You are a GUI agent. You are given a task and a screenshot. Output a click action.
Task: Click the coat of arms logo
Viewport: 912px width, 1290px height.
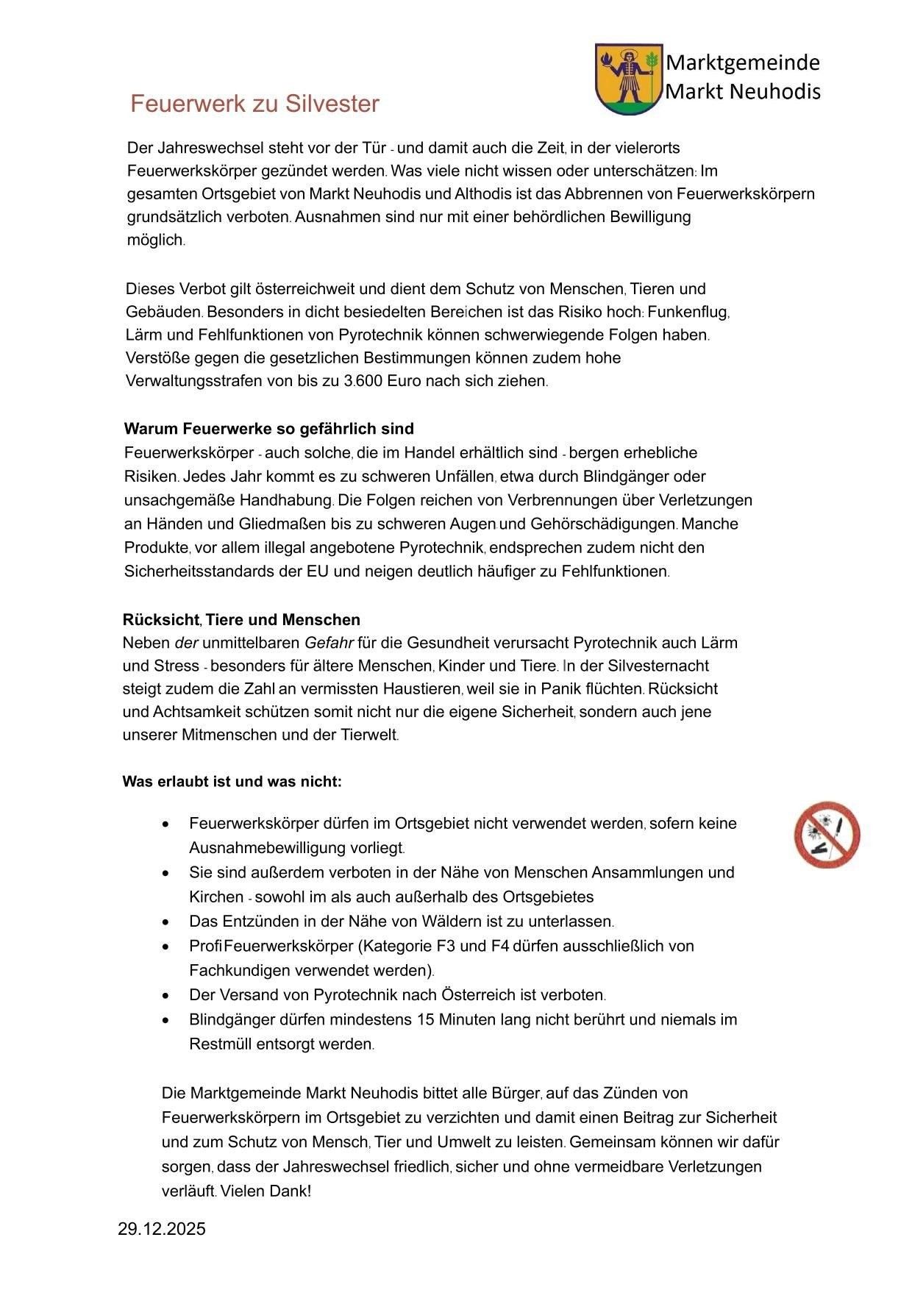coord(627,79)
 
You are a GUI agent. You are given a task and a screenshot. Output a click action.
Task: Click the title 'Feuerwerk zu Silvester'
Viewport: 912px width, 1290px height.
coord(254,104)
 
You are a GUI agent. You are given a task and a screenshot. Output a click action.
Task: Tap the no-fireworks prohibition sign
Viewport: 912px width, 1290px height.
coord(827,834)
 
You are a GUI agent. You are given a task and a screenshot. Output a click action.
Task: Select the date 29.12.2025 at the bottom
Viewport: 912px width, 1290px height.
coord(162,1229)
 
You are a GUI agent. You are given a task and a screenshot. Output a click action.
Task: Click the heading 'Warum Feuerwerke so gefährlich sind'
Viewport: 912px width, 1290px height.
coord(268,429)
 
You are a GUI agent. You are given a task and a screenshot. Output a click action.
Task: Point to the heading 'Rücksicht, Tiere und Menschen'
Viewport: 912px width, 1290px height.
coord(241,619)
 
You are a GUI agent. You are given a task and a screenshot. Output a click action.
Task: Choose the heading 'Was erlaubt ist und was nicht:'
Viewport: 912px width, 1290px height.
coord(232,781)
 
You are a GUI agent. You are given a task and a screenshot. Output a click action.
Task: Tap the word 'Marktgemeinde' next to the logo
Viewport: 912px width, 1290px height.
coord(742,63)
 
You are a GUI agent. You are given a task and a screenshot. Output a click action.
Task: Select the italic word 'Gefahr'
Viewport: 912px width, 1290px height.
coord(329,643)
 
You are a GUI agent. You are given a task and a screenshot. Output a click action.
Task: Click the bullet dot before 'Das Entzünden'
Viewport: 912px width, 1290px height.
coord(170,922)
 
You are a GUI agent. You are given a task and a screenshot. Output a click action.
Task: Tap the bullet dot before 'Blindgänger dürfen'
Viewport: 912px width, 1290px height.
coord(170,1020)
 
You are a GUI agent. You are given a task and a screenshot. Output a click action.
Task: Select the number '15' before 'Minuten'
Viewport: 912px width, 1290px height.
coord(426,1020)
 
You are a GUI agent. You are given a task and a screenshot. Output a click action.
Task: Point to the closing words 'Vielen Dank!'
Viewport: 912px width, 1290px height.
coord(266,1191)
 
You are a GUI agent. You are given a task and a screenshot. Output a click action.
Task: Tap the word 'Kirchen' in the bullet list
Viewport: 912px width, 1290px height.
coord(216,897)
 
